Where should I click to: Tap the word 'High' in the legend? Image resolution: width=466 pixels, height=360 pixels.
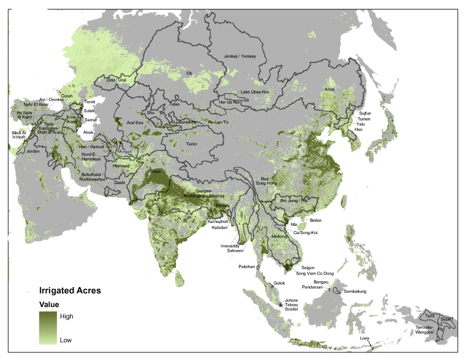click(66, 316)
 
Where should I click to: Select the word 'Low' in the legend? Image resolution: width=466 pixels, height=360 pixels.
click(66, 340)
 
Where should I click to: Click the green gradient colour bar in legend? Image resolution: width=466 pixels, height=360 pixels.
click(48, 328)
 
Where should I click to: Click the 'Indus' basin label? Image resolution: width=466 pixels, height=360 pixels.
click(155, 171)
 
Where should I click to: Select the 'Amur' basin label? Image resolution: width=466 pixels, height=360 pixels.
click(329, 89)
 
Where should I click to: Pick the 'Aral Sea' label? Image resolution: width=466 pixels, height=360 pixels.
click(135, 122)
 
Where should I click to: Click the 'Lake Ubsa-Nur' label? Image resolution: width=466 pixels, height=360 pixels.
click(255, 92)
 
